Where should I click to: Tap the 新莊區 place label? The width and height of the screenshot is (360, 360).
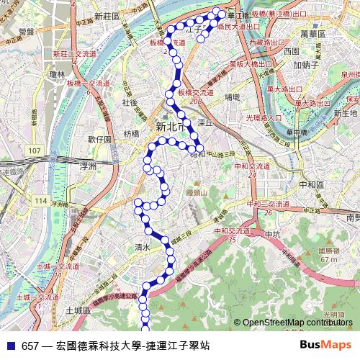click(x=107, y=14)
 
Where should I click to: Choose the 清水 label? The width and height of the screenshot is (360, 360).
click(x=141, y=247)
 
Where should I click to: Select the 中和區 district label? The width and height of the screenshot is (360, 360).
click(x=310, y=184)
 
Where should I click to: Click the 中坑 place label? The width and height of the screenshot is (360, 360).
click(x=272, y=235)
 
